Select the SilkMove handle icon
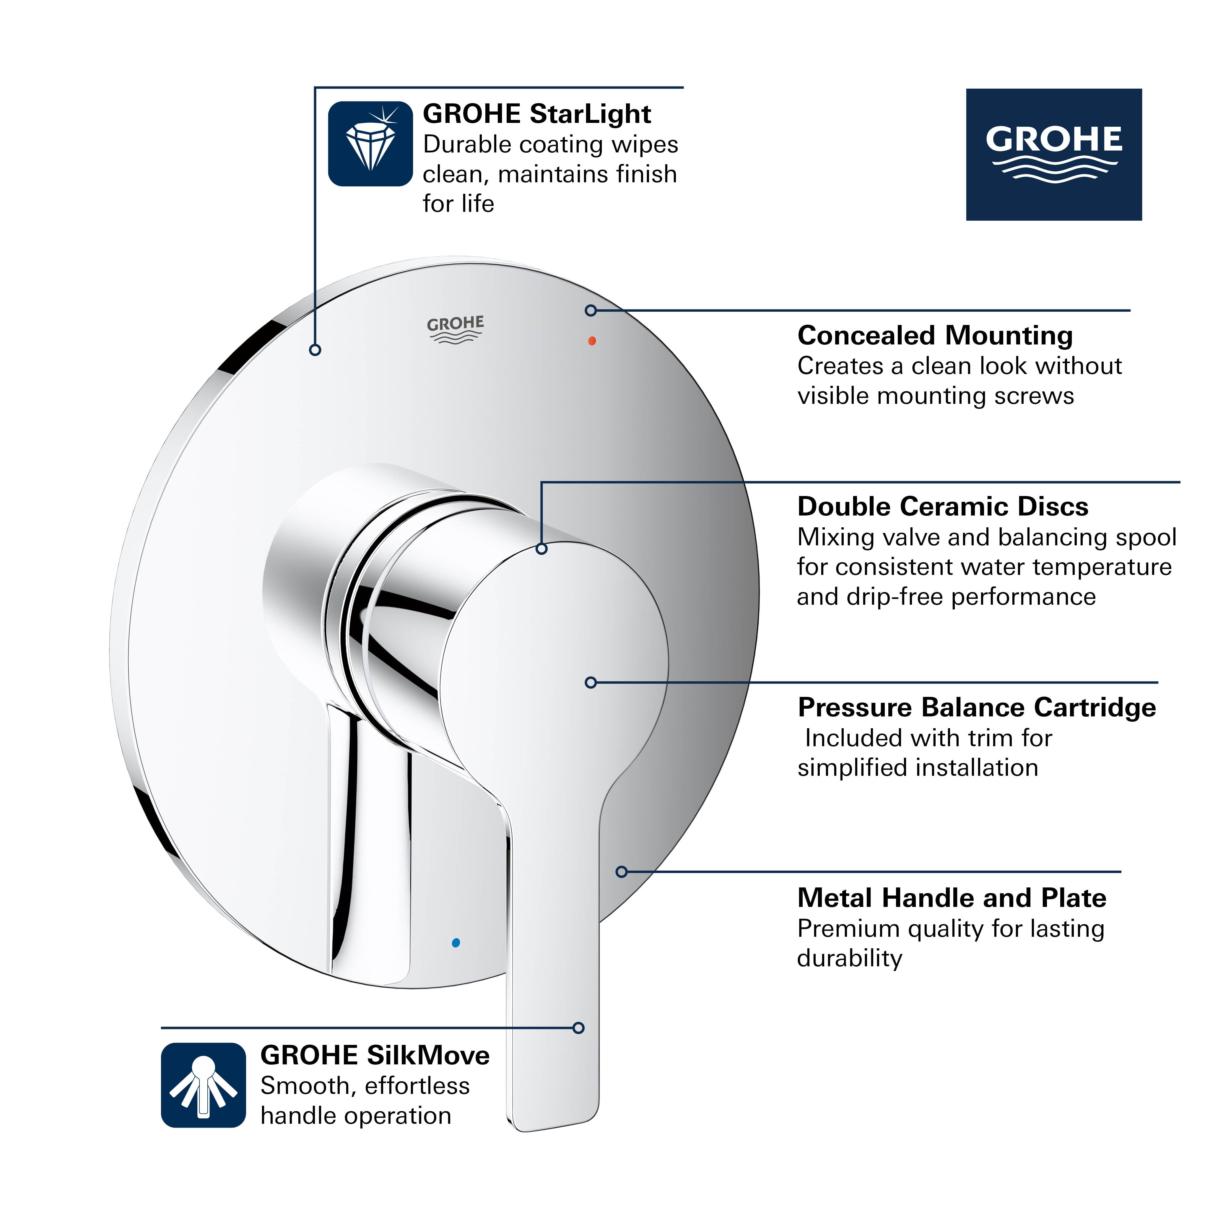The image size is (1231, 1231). coord(203,1085)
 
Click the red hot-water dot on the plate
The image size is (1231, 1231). coord(592,341)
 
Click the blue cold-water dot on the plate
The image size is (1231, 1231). coord(456,942)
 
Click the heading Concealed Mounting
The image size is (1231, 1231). coord(935,335)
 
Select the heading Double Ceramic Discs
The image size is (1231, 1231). coord(942,507)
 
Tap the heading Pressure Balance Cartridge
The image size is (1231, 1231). coord(976,707)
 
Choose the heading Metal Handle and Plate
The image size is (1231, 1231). coord(951,898)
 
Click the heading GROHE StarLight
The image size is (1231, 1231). coord(536,114)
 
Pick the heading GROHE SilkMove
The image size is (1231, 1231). coord(375,1055)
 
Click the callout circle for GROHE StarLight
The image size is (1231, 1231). coord(315,350)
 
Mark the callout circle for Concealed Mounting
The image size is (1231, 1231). coord(591,310)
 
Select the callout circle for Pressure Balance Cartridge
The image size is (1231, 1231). coord(591,682)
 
